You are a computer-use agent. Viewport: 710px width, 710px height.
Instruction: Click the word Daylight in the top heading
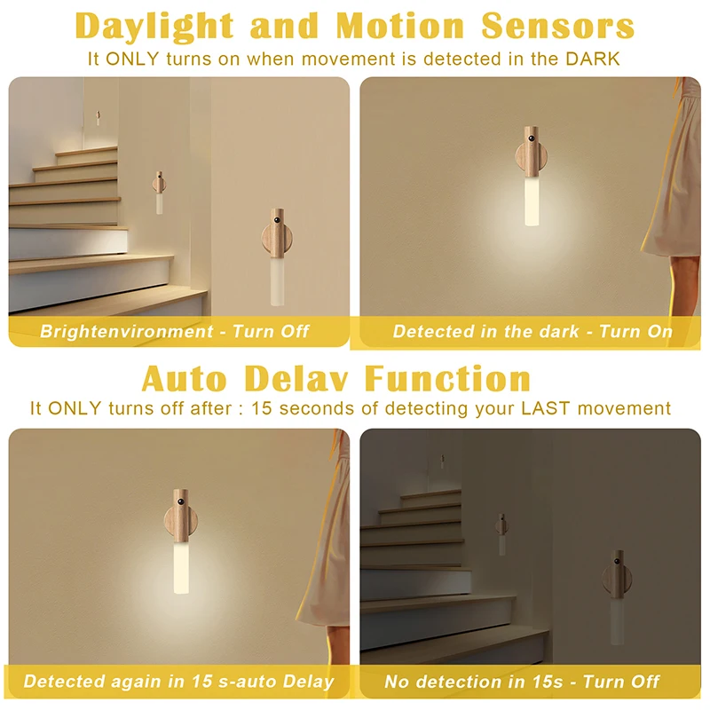coord(154,27)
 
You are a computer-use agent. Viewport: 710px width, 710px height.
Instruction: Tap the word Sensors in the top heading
coord(558,26)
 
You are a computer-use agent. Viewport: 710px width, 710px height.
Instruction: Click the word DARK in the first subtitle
coord(592,59)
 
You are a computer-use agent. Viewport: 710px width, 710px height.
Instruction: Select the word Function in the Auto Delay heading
coord(447,379)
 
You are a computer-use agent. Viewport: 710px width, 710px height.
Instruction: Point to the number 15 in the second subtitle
coord(262,408)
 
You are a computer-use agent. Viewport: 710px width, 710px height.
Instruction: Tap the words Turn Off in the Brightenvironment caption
coord(271,331)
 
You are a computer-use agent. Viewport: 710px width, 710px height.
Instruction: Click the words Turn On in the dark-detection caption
coord(635,331)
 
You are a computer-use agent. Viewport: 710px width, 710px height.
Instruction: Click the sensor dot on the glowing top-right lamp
coord(531,138)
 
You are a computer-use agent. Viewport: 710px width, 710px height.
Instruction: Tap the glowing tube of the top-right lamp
coord(532,201)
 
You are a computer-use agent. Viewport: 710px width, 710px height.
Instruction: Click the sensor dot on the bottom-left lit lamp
coord(181,502)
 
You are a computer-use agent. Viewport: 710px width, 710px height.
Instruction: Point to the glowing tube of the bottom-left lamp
coord(181,567)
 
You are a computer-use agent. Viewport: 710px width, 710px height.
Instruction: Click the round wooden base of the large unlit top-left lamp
coord(277,238)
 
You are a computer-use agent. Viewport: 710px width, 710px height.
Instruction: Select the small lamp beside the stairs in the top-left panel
coord(159,193)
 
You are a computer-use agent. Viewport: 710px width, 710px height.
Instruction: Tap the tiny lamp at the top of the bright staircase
coord(98,118)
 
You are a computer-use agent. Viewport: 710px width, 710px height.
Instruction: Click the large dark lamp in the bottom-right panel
coord(617,596)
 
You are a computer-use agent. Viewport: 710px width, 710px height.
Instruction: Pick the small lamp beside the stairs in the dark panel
coord(501,534)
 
